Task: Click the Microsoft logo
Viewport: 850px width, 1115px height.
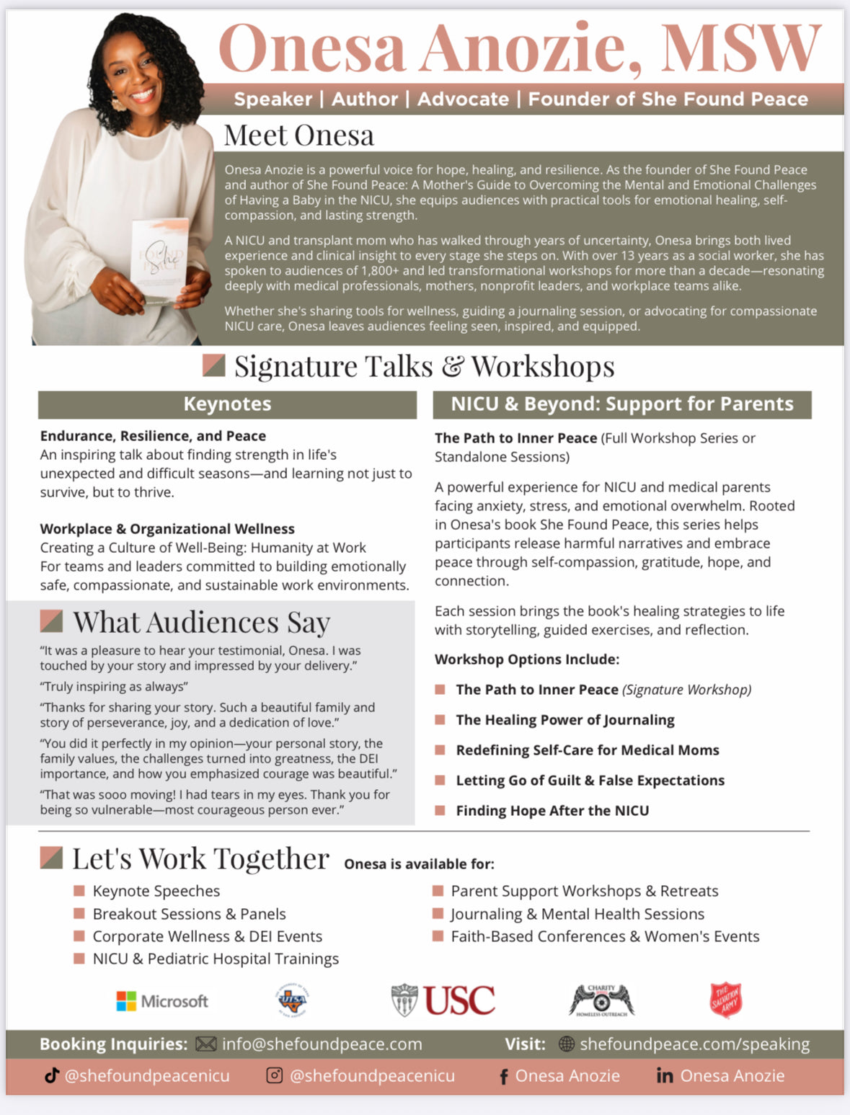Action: [162, 1000]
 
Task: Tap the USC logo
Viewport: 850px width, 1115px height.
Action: [443, 1000]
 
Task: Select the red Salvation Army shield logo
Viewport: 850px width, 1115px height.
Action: [725, 1000]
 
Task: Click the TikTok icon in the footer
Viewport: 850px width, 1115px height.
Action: [51, 1075]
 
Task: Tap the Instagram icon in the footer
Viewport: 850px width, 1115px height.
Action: [274, 1075]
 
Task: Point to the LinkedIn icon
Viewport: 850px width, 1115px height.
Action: [665, 1075]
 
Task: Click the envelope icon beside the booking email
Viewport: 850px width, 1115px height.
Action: [205, 1044]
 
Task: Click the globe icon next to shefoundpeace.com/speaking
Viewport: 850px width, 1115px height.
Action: [567, 1044]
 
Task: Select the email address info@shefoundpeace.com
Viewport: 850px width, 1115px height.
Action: [322, 1044]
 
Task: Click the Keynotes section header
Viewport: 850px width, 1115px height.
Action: [227, 404]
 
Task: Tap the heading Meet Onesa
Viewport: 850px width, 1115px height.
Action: [298, 135]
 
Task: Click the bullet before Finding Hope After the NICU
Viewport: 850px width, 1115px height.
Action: [440, 810]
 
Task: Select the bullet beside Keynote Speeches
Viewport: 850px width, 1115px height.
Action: [79, 891]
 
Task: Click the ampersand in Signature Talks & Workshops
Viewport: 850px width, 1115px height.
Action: [452, 366]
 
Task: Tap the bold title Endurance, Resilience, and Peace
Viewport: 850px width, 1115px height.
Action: [153, 435]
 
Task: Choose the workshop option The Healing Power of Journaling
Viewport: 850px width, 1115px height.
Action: [565, 719]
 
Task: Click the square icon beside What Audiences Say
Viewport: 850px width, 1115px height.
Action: [51, 621]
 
